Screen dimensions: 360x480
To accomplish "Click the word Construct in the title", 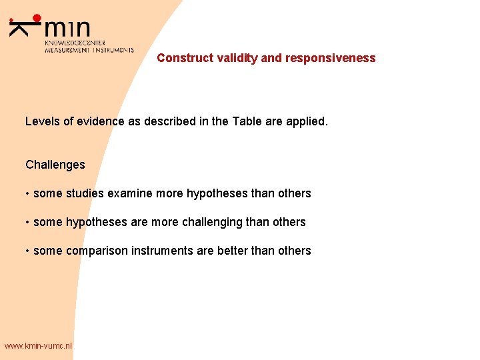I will click(185, 58).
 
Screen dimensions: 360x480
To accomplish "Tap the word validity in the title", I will click(237, 58).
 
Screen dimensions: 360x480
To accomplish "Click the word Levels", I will click(42, 121).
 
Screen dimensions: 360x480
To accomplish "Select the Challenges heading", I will click(55, 165).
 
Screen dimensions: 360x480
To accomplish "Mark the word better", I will click(235, 251).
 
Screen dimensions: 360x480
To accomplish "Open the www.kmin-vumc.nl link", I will click(37, 346).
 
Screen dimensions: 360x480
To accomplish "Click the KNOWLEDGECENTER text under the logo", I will click(75, 43).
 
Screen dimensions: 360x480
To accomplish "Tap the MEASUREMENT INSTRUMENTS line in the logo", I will click(89, 50).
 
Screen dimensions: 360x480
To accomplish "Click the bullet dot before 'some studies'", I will click(27, 194).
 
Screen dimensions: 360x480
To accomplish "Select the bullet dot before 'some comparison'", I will click(27, 251).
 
